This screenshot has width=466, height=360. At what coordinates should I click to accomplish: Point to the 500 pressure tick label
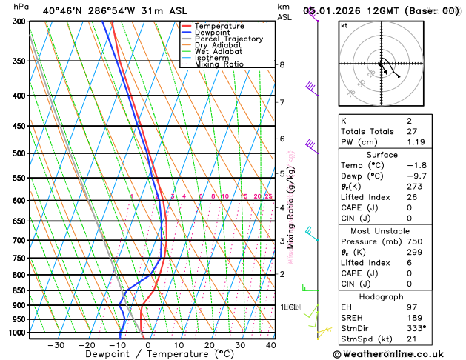pyautogui.click(x=21, y=153)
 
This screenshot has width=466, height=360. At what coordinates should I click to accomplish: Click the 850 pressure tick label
pyautogui.click(x=21, y=290)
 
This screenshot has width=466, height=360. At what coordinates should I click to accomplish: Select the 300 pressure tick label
pyautogui.click(x=21, y=21)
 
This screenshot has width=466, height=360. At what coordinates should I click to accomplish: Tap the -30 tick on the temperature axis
pyautogui.click(x=56, y=345)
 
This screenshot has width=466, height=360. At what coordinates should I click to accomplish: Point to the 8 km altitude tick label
pyautogui.click(x=282, y=64)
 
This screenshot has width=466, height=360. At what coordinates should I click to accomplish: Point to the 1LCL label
pyautogui.click(x=288, y=306)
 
